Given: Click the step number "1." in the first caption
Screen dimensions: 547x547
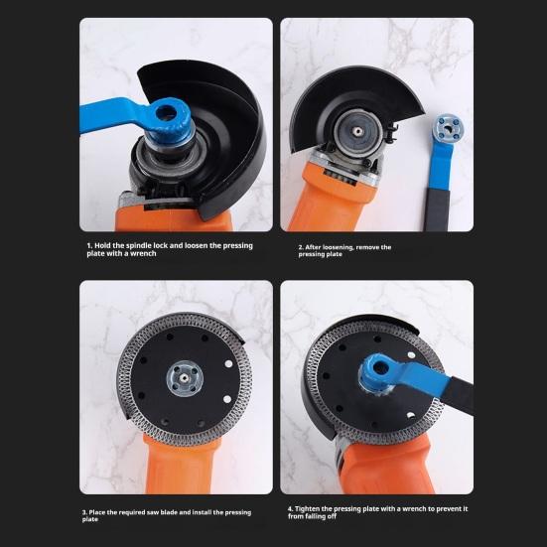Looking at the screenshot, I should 87,244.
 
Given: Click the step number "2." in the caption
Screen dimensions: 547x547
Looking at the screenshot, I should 301,247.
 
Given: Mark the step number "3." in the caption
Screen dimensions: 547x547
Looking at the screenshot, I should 84,512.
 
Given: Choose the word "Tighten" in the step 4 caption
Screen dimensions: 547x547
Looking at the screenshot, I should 313,509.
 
